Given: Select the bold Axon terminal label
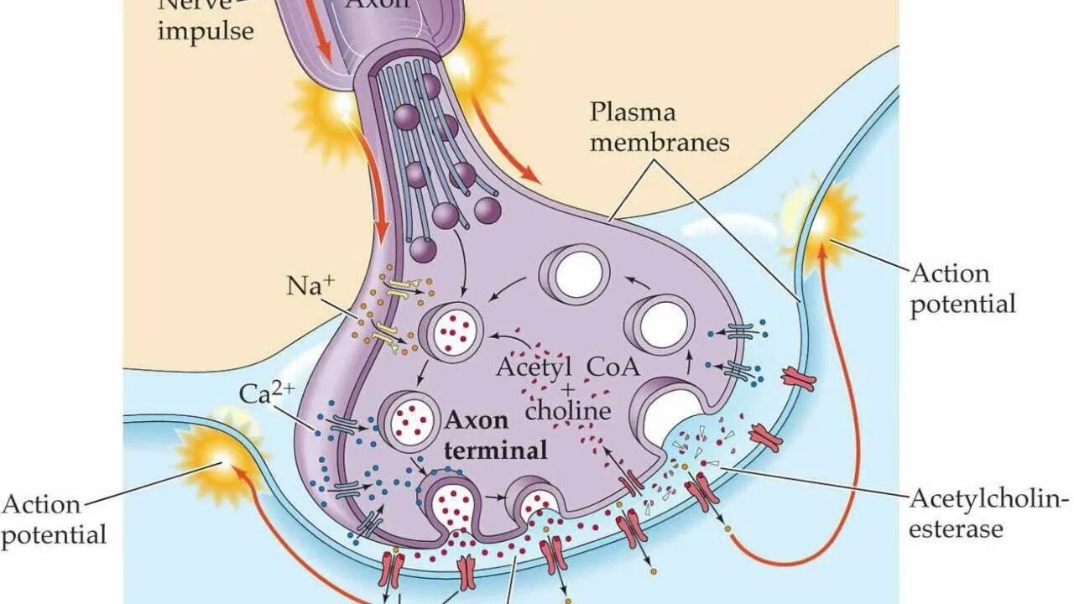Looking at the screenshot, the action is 496,435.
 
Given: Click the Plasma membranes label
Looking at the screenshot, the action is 659,127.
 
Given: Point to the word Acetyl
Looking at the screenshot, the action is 534,367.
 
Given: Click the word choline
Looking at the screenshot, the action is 568,411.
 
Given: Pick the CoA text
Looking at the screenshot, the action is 613,367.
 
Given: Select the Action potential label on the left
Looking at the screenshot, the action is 53,519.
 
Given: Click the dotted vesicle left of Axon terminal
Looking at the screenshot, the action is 409,417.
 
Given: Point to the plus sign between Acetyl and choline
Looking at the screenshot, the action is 568,388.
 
